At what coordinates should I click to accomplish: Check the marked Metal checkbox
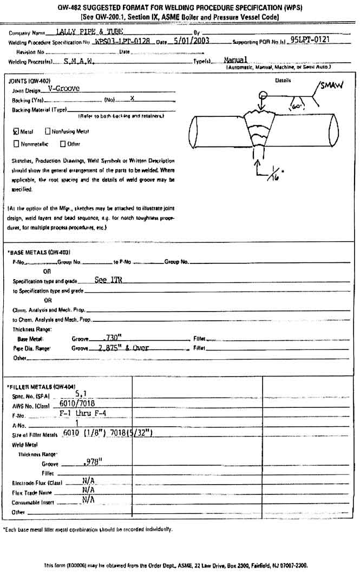16,131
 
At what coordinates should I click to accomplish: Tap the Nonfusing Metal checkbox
48,131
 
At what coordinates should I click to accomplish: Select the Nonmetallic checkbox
16,144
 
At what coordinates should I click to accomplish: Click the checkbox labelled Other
63,144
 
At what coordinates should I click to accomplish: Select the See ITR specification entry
108,281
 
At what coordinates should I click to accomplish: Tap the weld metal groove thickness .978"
93,462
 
